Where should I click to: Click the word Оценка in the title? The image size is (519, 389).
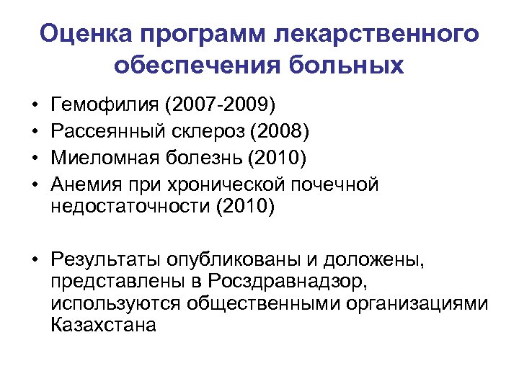[86, 34]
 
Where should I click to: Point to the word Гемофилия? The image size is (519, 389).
[106, 107]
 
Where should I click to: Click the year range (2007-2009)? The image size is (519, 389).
[220, 107]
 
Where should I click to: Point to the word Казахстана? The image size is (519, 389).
[104, 325]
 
